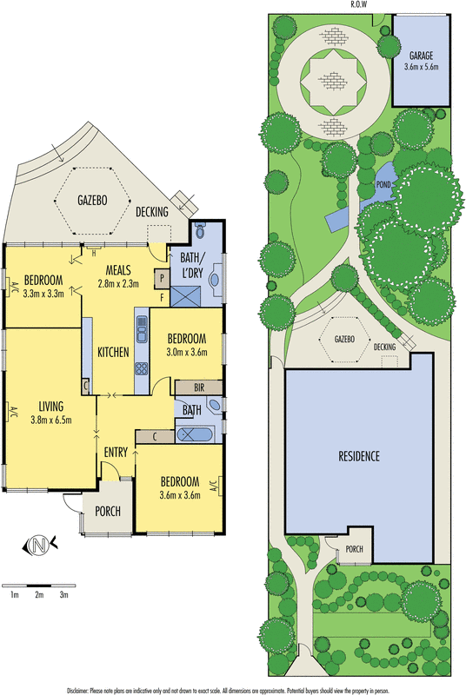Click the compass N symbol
coord(39,545)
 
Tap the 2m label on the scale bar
coord(39,595)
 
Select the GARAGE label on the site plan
coord(421,56)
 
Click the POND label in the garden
coord(383,184)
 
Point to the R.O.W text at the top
coord(359,4)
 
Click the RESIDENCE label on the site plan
coord(359,456)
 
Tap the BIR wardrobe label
coord(199,387)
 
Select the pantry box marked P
coord(163,278)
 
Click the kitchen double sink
coord(142,329)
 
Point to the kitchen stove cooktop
coord(142,368)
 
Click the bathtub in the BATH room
coord(195,435)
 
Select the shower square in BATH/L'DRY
coord(186,296)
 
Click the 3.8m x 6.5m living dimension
coord(51,420)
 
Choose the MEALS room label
coord(118,270)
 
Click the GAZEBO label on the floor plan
coord(92,201)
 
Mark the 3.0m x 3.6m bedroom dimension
coord(187,353)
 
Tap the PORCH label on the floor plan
coord(108,511)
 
